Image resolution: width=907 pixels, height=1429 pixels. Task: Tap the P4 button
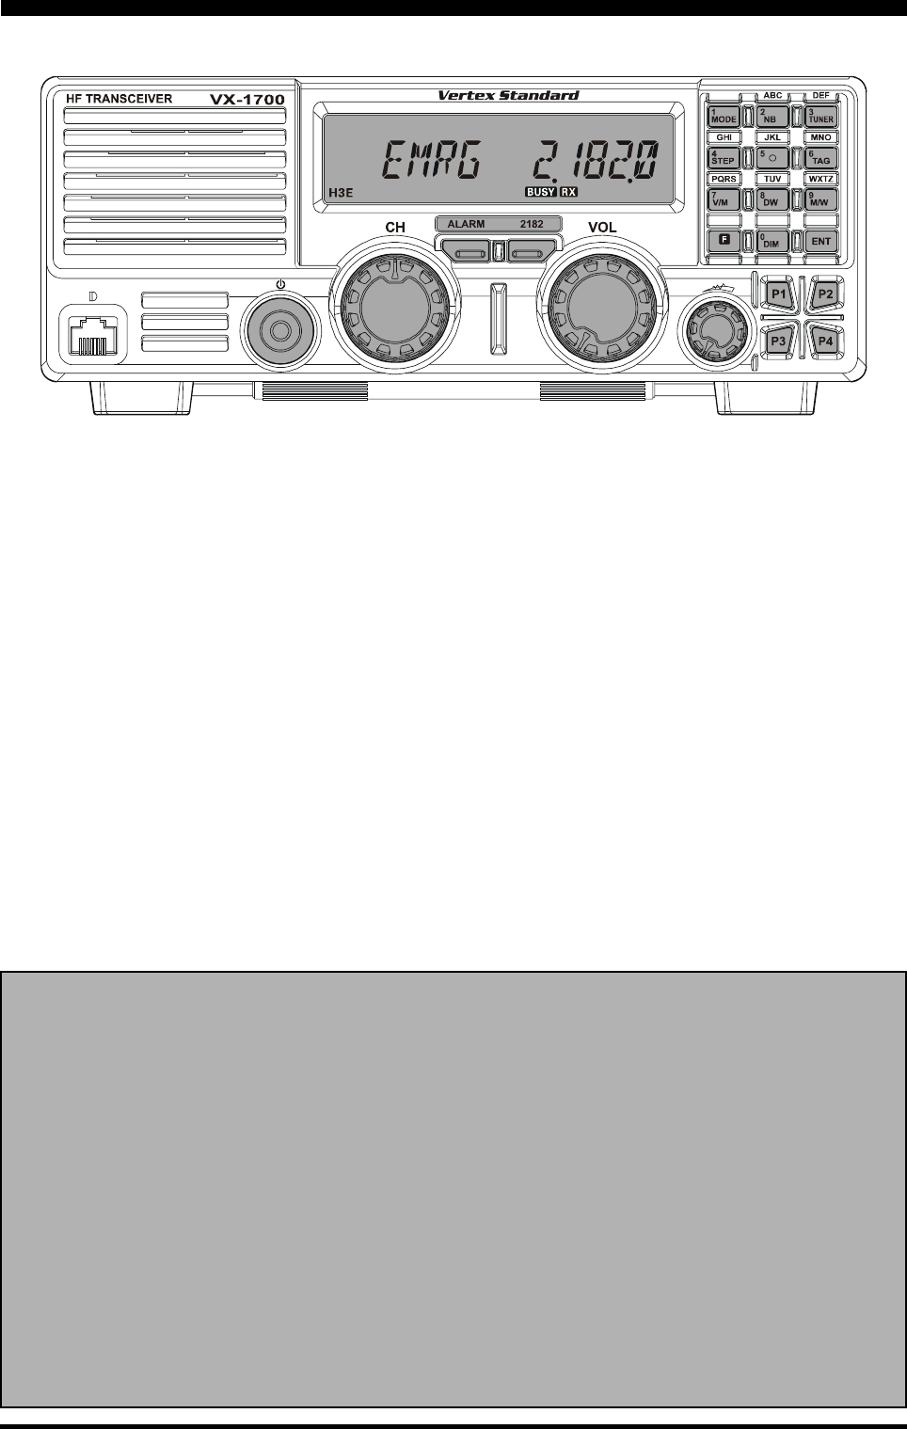[825, 340]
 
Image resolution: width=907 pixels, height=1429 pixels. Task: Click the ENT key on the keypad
[821, 241]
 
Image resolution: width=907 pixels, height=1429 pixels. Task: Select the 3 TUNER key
[821, 117]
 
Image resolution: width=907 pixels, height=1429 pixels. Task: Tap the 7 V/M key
[724, 199]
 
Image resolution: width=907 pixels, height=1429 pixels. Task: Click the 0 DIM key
[772, 241]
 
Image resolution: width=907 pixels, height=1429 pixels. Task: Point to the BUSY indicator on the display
[540, 192]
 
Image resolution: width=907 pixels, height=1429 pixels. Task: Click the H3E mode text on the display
[342, 193]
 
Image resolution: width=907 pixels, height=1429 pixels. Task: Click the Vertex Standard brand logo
[508, 95]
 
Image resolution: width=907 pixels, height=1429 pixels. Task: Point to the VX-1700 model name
[247, 99]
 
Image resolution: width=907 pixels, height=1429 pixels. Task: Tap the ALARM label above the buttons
[466, 225]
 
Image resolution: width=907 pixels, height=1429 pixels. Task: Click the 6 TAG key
[821, 158]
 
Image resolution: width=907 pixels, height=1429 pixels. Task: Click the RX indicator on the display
[568, 192]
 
